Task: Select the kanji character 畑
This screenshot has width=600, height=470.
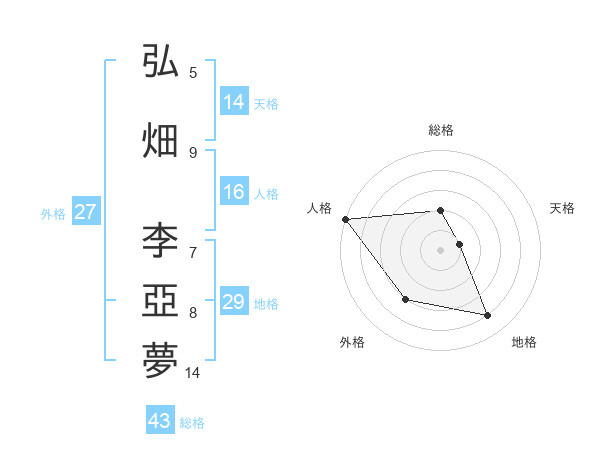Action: tap(160, 140)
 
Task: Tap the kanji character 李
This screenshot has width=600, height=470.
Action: tap(160, 240)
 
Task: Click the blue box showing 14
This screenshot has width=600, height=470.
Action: tap(234, 102)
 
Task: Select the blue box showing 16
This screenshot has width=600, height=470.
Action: tap(234, 193)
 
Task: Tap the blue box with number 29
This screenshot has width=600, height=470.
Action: tap(234, 303)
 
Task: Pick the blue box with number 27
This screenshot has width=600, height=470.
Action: tap(85, 212)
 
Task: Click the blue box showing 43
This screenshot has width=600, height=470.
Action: tap(159, 421)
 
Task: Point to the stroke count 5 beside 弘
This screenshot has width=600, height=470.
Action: tap(193, 72)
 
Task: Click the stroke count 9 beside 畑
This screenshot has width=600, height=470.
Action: tap(193, 152)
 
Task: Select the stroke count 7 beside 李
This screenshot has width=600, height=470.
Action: tap(193, 252)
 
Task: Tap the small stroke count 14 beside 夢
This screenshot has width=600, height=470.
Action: tap(193, 373)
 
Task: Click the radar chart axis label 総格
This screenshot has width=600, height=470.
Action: tap(440, 130)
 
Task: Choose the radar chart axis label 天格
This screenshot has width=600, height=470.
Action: tap(563, 208)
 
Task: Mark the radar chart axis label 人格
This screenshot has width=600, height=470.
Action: tap(319, 208)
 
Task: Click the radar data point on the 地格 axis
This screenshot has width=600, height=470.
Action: tap(488, 316)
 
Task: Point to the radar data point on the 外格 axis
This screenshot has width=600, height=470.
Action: tap(405, 299)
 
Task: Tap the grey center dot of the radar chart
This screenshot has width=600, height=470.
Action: tap(440, 250)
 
